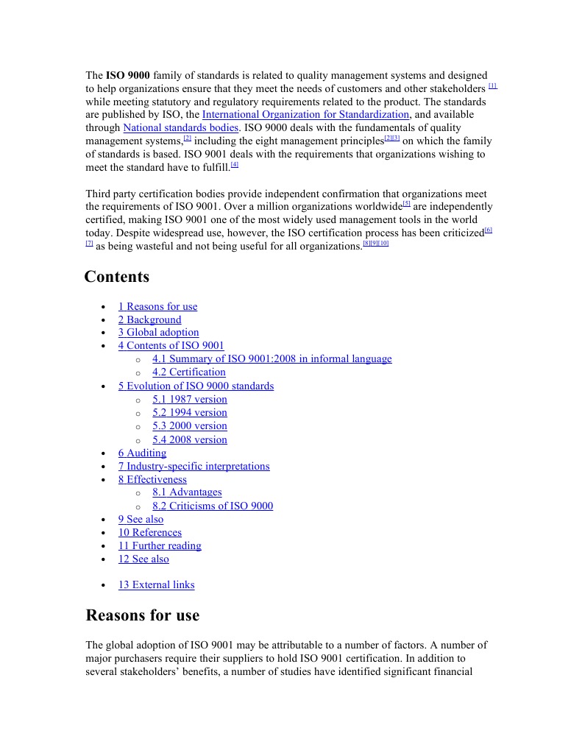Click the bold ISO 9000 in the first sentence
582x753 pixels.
[x=127, y=75]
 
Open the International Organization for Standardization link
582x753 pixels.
[x=305, y=115]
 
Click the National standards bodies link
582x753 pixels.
[x=180, y=128]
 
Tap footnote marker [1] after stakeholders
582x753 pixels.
[x=492, y=86]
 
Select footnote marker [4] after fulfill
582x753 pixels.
[x=234, y=165]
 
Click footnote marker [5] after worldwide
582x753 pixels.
[x=406, y=204]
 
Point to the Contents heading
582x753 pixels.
[x=116, y=277]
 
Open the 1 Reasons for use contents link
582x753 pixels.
[x=157, y=307]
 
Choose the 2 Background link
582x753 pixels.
[x=149, y=320]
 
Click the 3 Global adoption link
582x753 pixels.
[x=158, y=333]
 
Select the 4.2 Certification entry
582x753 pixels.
[x=189, y=372]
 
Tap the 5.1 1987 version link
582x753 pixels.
[x=190, y=400]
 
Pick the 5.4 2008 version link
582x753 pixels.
[x=190, y=440]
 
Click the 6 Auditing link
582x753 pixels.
[x=142, y=453]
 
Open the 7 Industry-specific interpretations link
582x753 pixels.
[x=194, y=467]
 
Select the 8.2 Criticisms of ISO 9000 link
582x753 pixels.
[x=213, y=506]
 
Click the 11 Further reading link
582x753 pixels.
[x=160, y=546]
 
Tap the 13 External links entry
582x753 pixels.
[x=156, y=585]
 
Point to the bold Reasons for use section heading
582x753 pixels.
[x=142, y=615]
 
